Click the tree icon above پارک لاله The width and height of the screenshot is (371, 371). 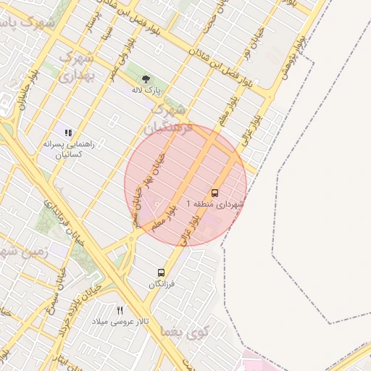coord(146,78)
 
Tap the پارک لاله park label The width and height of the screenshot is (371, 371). coord(146,91)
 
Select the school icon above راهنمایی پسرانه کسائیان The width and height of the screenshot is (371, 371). coord(68,133)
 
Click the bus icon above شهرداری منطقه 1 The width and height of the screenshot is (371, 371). coord(214,193)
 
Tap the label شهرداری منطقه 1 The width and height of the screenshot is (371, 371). coord(216,205)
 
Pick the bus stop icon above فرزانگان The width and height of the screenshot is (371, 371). coord(161,273)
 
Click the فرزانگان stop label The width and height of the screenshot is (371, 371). coord(162,285)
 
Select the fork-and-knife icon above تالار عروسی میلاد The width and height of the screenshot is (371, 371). coord(120,310)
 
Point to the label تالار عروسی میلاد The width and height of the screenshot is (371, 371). coord(124,321)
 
